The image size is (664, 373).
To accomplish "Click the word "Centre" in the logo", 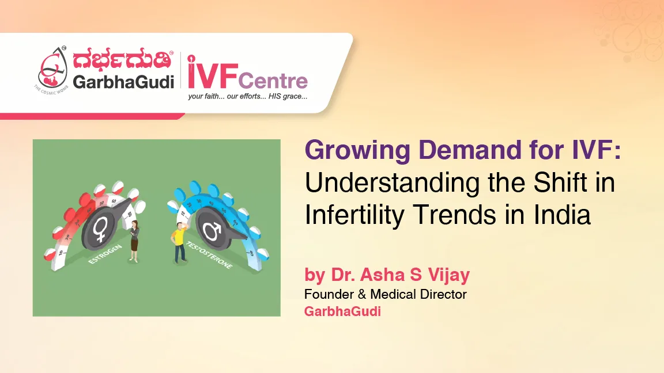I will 276,79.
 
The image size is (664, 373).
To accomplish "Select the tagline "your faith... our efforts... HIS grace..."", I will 247,97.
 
